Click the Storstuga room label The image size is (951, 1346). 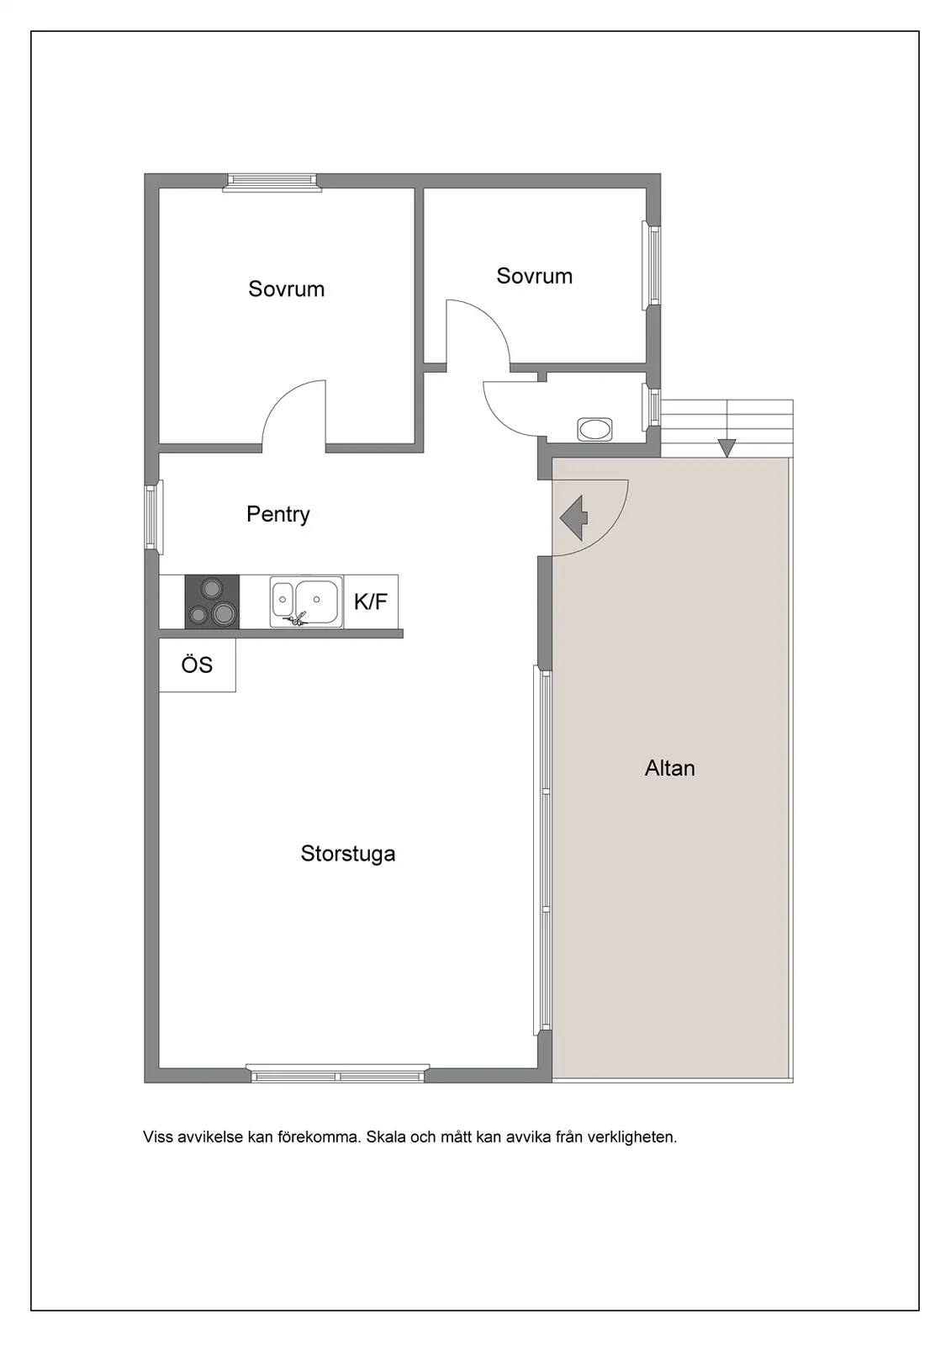[348, 854]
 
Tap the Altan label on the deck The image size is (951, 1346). [670, 768]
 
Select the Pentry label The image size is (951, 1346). [278, 514]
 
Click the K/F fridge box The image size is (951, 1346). [371, 601]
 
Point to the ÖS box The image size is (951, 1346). [197, 665]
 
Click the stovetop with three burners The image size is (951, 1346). [212, 602]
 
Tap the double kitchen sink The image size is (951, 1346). [306, 602]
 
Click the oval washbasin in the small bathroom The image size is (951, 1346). [594, 430]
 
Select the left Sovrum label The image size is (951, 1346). [287, 289]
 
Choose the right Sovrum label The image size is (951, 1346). [534, 276]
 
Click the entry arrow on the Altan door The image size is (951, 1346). [574, 517]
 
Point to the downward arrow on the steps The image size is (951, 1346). [727, 448]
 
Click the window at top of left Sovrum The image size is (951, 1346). [272, 182]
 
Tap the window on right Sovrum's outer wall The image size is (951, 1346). [652, 266]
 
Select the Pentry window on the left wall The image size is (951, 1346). [154, 517]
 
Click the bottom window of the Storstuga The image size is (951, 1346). [338, 1073]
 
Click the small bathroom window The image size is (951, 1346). [651, 407]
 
